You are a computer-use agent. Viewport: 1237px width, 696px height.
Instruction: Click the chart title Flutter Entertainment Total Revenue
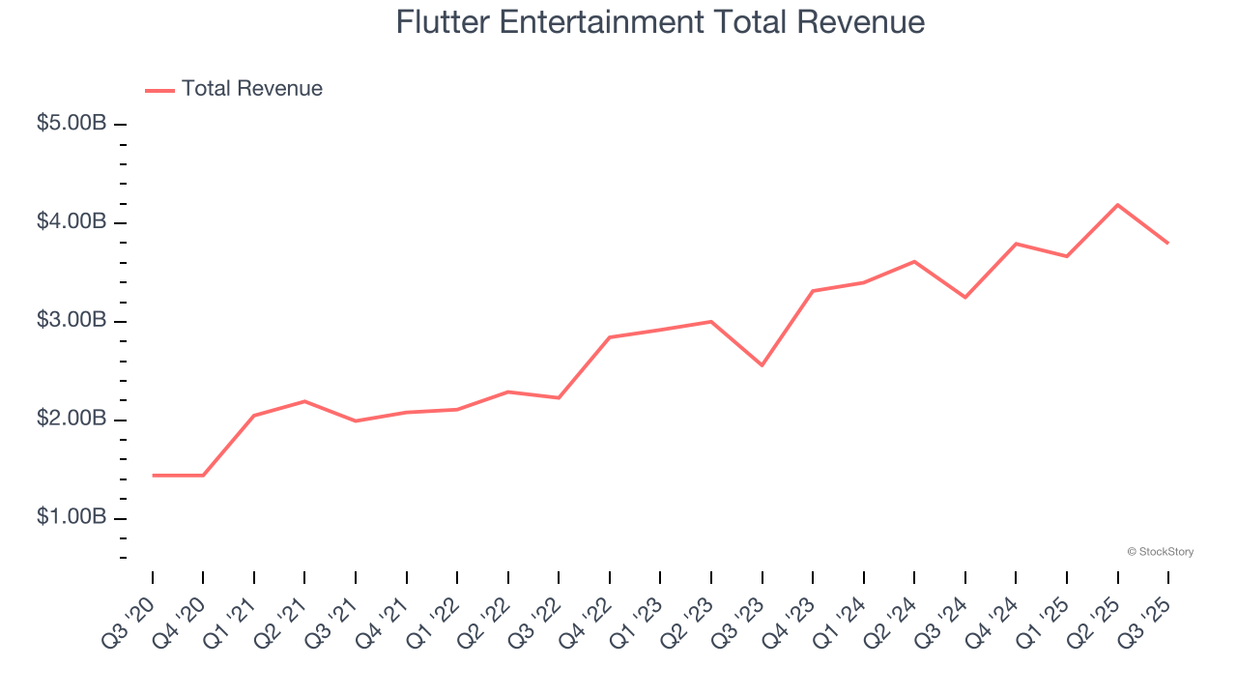[x=660, y=21]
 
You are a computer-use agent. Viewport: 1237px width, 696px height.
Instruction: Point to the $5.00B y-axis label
[x=72, y=124]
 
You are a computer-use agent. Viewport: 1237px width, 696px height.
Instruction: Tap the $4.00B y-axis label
[x=72, y=222]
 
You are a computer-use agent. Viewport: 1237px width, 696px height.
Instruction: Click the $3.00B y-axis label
[x=72, y=321]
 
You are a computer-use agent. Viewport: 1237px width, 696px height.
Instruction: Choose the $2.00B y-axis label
[x=72, y=420]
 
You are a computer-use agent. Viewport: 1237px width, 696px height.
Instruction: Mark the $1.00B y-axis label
[x=72, y=518]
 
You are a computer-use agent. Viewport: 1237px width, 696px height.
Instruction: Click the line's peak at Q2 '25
[x=1117, y=205]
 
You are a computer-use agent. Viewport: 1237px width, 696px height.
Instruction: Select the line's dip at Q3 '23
[x=762, y=365]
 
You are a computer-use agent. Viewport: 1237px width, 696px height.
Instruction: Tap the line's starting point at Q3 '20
[x=153, y=476]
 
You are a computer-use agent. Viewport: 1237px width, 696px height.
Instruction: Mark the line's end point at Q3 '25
[x=1167, y=243]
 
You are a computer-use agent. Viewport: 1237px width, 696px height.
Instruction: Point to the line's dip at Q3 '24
[x=964, y=297]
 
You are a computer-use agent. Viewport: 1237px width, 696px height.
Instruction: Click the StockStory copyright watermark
[x=1160, y=552]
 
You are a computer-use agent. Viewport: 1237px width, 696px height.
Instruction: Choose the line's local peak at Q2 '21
[x=304, y=401]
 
